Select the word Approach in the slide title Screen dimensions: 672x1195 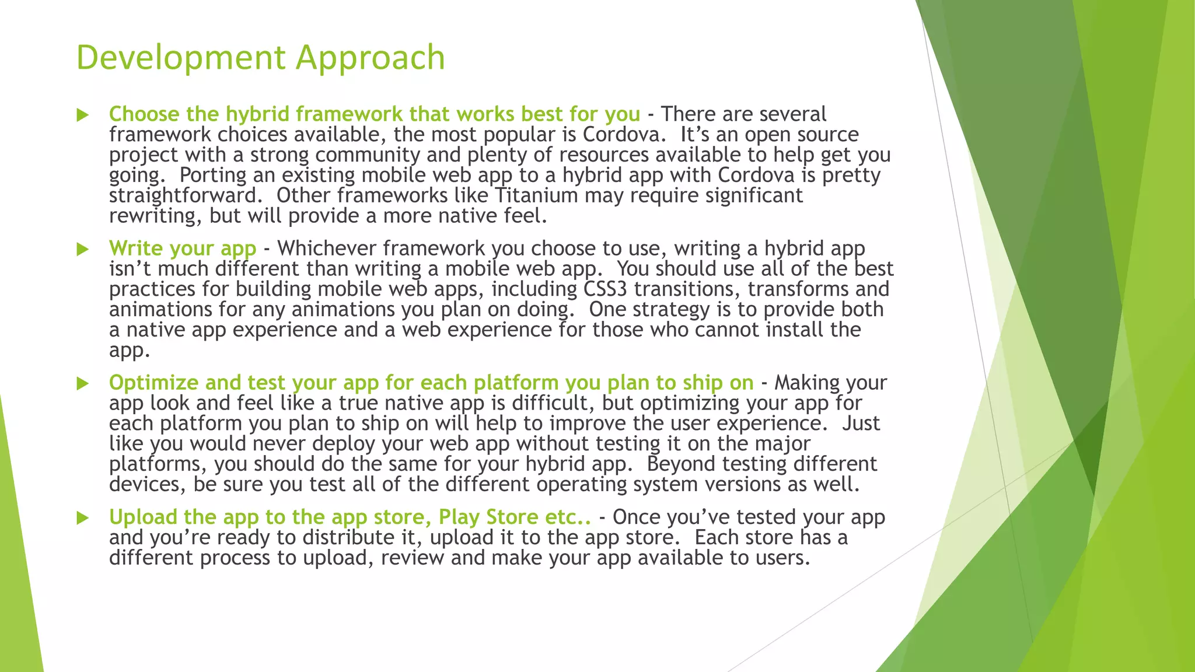[x=370, y=58]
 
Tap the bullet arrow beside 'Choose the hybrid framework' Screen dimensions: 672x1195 [x=83, y=115]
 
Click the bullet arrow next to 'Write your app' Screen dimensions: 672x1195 [x=83, y=250]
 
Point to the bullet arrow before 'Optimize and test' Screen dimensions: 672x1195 [x=83, y=384]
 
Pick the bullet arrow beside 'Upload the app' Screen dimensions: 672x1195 [x=83, y=518]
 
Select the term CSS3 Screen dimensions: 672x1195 [x=605, y=289]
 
